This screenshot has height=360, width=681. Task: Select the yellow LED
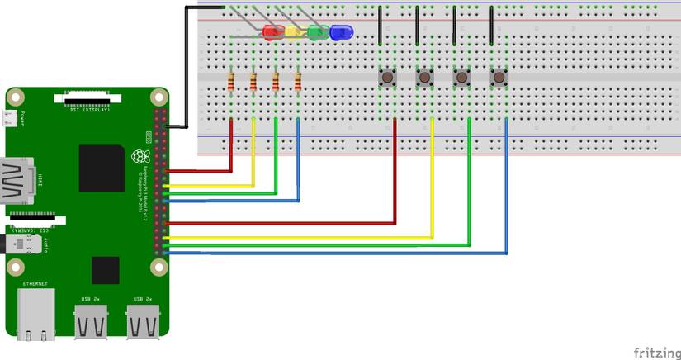click(x=295, y=32)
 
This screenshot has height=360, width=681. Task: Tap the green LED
click(x=317, y=32)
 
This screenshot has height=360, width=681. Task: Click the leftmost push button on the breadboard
click(x=386, y=77)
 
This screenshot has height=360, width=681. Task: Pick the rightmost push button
click(x=499, y=77)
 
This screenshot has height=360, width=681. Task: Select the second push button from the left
click(x=423, y=77)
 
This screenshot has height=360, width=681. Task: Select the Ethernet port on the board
click(x=35, y=314)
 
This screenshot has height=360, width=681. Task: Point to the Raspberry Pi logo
click(x=141, y=156)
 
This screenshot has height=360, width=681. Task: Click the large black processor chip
click(x=102, y=168)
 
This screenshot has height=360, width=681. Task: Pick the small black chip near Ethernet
click(x=106, y=270)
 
